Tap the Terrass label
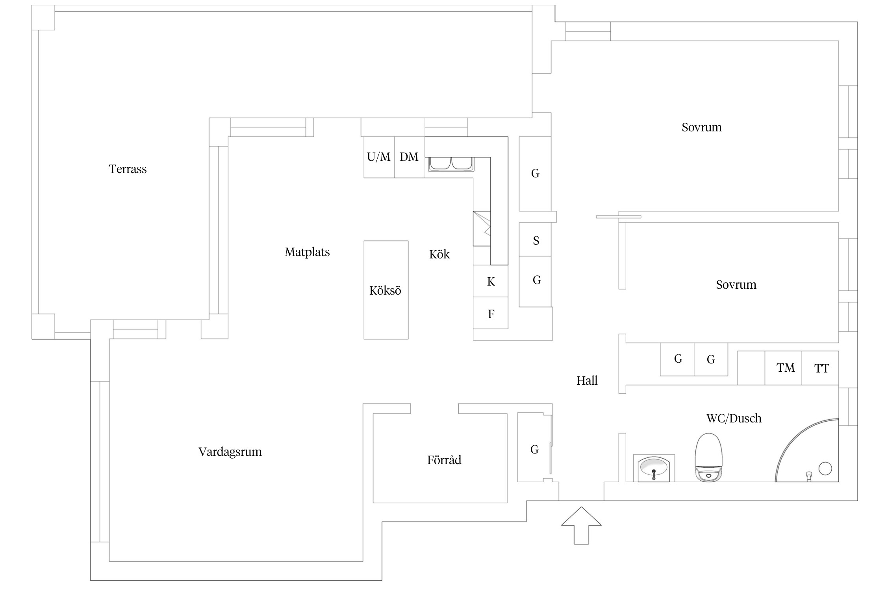click(x=128, y=169)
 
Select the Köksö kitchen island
click(x=386, y=290)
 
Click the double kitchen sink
click(x=451, y=164)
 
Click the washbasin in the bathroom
click(x=654, y=468)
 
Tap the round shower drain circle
click(x=825, y=468)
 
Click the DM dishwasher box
click(x=409, y=157)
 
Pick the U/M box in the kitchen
click(x=379, y=157)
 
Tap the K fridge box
click(x=491, y=281)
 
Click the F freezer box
click(x=491, y=313)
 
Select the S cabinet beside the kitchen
click(x=535, y=240)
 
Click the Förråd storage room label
click(x=444, y=460)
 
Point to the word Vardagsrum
click(x=230, y=452)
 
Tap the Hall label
click(x=587, y=380)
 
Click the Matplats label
click(x=307, y=252)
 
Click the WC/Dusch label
click(x=734, y=418)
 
